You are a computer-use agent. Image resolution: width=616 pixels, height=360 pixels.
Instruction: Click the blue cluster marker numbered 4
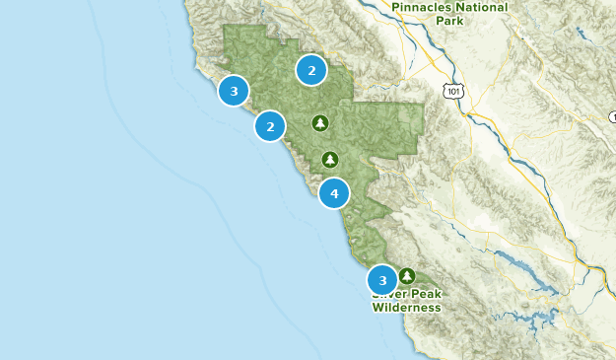pyautogui.click(x=334, y=193)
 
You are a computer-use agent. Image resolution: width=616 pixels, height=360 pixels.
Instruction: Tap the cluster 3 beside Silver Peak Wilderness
pyautogui.click(x=382, y=280)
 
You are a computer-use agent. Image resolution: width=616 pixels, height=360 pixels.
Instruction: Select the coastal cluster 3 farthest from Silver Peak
pyautogui.click(x=234, y=92)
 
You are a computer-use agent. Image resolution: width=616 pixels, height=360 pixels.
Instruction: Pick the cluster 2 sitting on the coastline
pyautogui.click(x=270, y=126)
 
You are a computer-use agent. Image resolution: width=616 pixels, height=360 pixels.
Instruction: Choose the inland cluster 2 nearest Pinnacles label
pyautogui.click(x=311, y=70)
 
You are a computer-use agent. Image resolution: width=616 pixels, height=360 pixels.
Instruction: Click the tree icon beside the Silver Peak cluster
pyautogui.click(x=407, y=276)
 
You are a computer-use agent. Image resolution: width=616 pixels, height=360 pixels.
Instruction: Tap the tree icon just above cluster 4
pyautogui.click(x=330, y=160)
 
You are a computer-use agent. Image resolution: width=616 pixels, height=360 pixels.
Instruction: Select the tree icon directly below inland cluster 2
pyautogui.click(x=319, y=123)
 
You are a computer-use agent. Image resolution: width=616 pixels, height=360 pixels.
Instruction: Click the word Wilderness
pyautogui.click(x=406, y=308)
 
